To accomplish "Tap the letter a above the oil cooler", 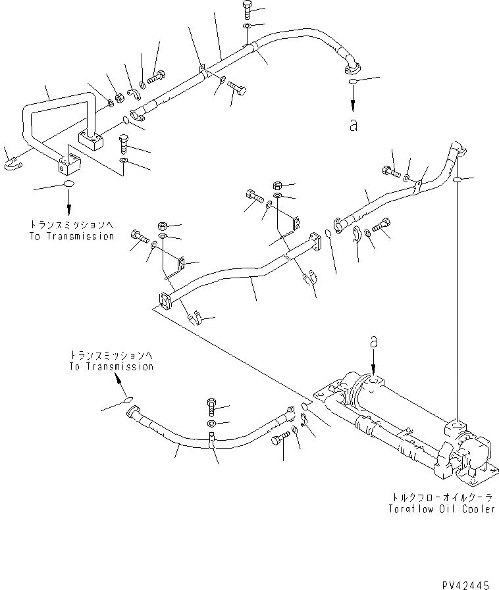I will (x=374, y=341).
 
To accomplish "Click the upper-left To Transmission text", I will (x=72, y=236).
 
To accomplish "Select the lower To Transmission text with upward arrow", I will (x=111, y=366).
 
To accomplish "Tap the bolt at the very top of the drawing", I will (x=246, y=9).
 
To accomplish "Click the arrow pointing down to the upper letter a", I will (x=354, y=102).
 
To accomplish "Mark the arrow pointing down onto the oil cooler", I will (x=374, y=362).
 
